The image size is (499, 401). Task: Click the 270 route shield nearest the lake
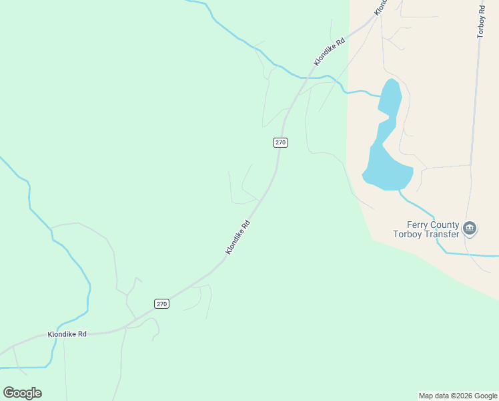point(280,142)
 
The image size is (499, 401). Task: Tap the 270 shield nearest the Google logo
point(162,303)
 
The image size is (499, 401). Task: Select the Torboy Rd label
point(480,22)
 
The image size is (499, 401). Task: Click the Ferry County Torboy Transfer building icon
point(470,229)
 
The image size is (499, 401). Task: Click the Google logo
point(22,392)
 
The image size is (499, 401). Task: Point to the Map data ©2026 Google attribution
point(458,396)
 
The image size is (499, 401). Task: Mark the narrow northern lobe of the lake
point(391,97)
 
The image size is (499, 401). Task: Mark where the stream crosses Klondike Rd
point(304,78)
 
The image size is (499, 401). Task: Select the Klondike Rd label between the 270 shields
point(237,237)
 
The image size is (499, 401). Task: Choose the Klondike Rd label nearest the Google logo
point(67,333)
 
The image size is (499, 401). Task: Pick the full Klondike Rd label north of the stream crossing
point(330,51)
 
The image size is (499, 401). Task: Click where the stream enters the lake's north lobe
point(381,96)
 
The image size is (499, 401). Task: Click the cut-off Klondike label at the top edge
point(380,7)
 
